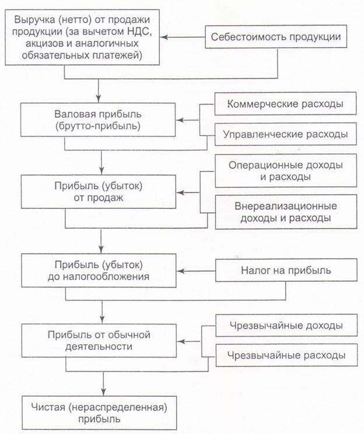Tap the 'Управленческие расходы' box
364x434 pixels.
point(285,135)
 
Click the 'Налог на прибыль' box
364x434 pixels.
point(286,271)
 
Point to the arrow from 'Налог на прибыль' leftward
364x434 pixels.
point(196,271)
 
